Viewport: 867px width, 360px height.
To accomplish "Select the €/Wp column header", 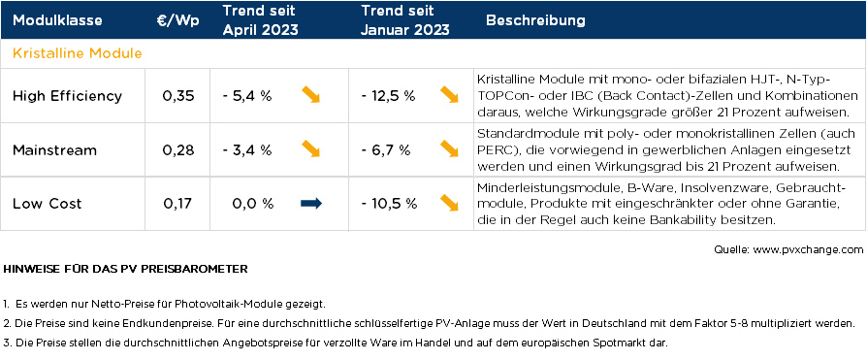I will pos(178,20).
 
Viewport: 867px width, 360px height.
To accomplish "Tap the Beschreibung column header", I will pos(535,20).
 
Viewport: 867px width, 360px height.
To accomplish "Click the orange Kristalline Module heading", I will pos(78,52).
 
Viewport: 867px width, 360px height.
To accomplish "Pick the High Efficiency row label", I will pos(67,95).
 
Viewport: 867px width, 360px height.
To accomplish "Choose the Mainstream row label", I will pos(54,149).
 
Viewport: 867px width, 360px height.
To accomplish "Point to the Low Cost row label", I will pos(47,204).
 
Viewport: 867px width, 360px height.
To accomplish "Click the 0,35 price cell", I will pos(178,95).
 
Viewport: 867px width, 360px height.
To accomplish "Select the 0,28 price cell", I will pos(178,149).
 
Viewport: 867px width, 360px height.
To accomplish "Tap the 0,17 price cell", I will pos(178,204).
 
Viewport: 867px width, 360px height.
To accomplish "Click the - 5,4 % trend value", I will pos(246,95).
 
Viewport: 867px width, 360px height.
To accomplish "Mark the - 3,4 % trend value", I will pos(246,149).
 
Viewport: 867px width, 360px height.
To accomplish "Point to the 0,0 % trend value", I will pos(253,204).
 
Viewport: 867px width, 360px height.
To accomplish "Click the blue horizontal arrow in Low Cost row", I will pos(311,203).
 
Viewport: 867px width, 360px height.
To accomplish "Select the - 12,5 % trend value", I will pos(388,95).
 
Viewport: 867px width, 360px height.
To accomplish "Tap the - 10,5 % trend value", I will pos(388,204).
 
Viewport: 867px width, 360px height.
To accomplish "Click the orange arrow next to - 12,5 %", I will pos(449,94).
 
